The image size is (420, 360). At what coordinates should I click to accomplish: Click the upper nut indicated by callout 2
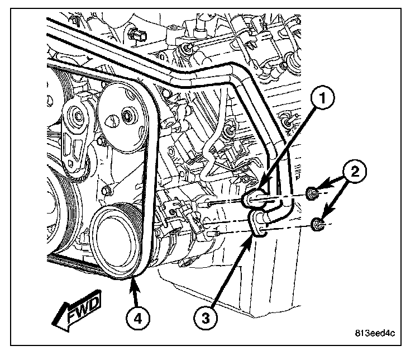coord(314,194)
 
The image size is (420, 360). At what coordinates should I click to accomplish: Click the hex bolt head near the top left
coord(137,35)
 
